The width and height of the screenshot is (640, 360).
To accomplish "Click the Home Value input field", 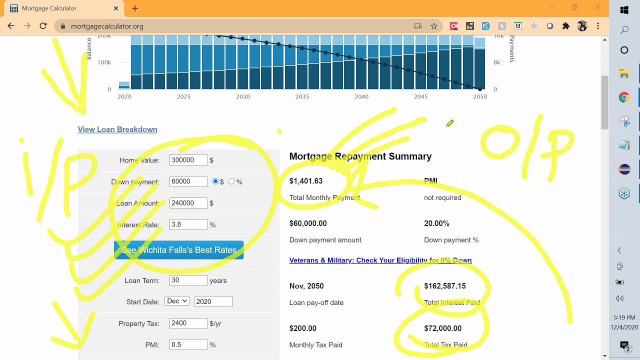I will tap(188, 160).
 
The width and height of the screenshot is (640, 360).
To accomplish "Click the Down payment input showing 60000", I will tap(188, 181).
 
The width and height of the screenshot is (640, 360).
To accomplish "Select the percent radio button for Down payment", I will tap(231, 181).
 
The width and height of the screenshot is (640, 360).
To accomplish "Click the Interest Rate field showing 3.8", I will tap(188, 224).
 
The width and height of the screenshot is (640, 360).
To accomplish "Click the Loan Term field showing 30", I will tap(188, 280).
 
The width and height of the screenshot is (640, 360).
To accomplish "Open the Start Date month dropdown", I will tap(177, 301).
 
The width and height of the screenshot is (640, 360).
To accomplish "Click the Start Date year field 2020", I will tap(213, 301).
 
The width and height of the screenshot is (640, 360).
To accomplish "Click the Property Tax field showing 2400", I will tap(188, 323).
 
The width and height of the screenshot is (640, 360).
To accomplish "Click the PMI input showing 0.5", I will tap(188, 344).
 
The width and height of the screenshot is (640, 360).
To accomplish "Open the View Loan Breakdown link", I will tap(117, 129).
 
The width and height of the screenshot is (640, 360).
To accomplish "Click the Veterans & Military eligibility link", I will tap(380, 260).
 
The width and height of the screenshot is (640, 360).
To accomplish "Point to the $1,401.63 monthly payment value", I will tap(306, 181).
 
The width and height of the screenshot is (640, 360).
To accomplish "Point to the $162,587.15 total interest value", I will tap(444, 286).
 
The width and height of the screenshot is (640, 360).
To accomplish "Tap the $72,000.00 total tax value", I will tap(442, 328).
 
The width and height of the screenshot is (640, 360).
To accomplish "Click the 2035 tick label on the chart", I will tap(302, 96).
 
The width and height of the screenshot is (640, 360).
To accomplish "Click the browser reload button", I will tap(43, 26).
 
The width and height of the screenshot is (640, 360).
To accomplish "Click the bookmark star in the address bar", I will tap(434, 26).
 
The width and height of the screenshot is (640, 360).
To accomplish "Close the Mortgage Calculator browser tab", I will tap(116, 8).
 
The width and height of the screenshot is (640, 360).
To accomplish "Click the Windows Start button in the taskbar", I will tap(624, 10).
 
